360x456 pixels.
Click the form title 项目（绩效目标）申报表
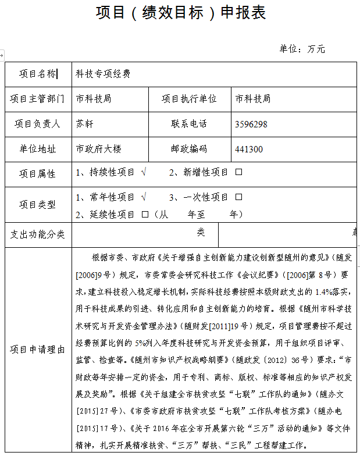pos(181,13)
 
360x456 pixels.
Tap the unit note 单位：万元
pos(302,49)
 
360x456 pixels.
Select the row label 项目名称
pos(38,74)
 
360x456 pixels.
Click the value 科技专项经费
pos(103,74)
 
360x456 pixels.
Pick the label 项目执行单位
pos(189,99)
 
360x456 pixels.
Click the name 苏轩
pos(84,124)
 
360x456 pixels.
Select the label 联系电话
pos(189,124)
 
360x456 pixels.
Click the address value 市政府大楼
pos(98,149)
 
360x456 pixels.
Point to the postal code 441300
pos(249,149)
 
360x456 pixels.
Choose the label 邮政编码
pos(189,149)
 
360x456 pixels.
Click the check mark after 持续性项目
pos(144,172)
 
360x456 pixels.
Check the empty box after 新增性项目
pos(238,172)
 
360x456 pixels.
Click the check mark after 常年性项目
pos(144,197)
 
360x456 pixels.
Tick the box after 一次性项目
pos(238,197)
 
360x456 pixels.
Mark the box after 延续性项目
pos(145,215)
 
